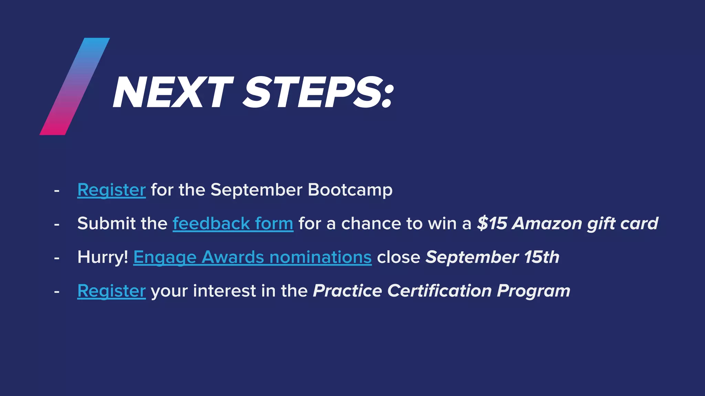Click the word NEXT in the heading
172,93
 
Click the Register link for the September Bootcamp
111,190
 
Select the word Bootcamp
350,190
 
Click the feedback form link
233,224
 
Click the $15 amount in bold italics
492,224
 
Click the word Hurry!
103,257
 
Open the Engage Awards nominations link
252,257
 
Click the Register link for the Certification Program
111,291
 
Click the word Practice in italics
347,291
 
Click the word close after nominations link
398,257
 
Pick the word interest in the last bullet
224,291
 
